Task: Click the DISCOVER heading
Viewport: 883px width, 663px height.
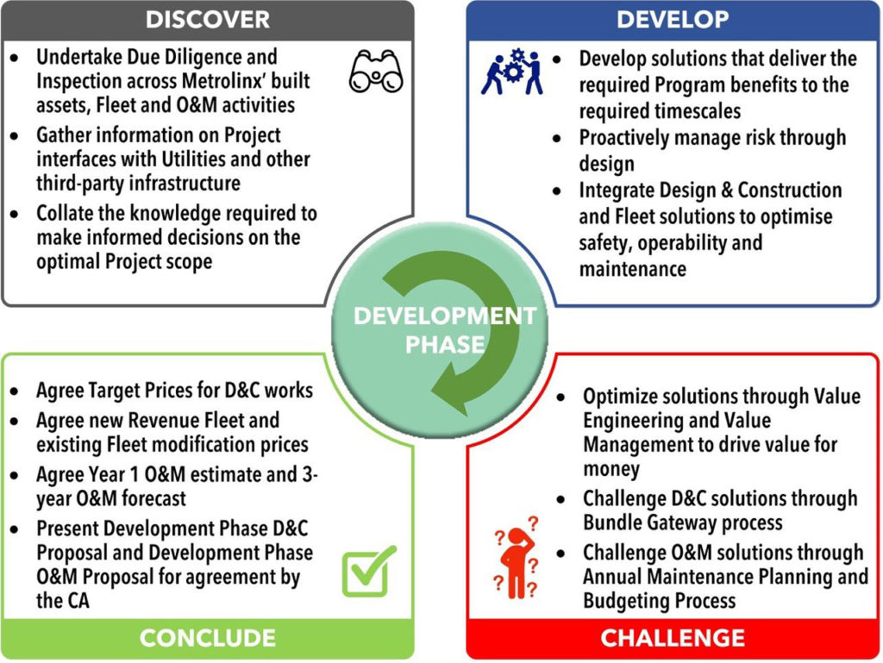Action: point(207,19)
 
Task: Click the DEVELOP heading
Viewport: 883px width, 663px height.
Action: point(673,19)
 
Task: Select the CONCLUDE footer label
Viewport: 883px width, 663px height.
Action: point(207,638)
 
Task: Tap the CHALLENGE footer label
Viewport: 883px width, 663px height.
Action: point(673,638)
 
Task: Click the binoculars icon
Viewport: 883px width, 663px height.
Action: point(376,72)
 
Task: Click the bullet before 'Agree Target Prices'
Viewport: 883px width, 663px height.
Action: point(16,391)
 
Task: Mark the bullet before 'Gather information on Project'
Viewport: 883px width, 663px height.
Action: point(16,136)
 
